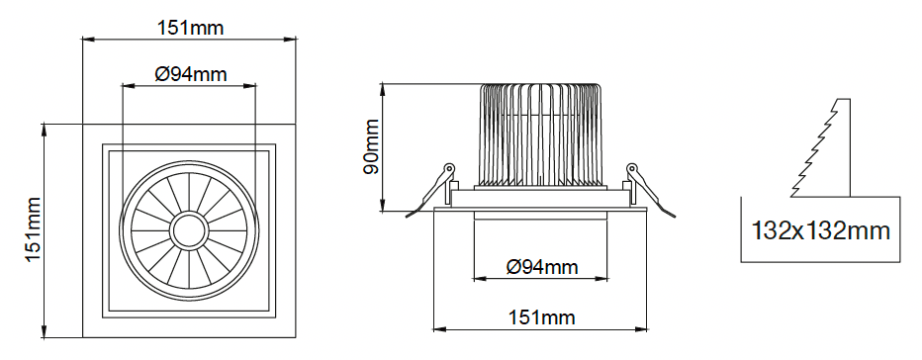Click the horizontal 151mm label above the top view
pyautogui.click(x=191, y=28)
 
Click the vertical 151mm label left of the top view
pyautogui.click(x=33, y=230)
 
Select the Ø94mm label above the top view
pyautogui.click(x=191, y=74)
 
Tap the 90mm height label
pyautogui.click(x=371, y=146)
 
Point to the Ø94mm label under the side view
pyautogui.click(x=541, y=267)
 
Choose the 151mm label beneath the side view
pyautogui.click(x=541, y=317)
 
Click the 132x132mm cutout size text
pyautogui.click(x=820, y=231)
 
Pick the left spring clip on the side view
pyautogui.click(x=432, y=190)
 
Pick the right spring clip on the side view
pyautogui.click(x=649, y=190)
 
